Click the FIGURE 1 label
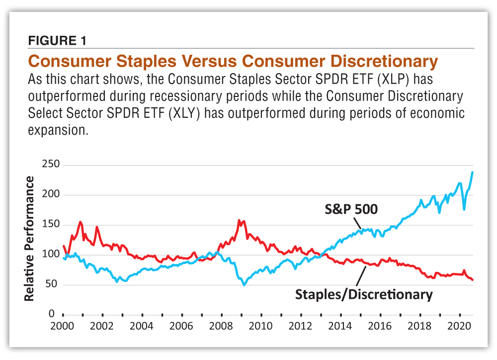[x=57, y=41]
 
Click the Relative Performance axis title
[x=29, y=238]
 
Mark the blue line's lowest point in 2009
[x=244, y=285]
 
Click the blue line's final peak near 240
[x=472, y=172]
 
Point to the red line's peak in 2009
[x=239, y=220]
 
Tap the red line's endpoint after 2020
[x=473, y=280]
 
